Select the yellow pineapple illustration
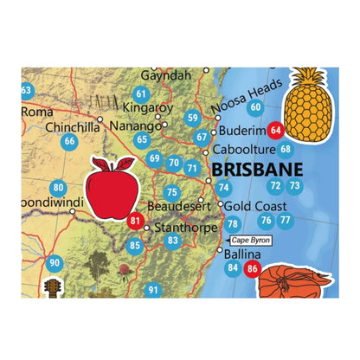309,105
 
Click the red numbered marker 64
276,131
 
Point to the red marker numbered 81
135,221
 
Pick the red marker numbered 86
253,269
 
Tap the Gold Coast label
256,206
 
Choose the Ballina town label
241,255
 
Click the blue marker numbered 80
59,188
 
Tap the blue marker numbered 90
55,263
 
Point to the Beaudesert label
177,207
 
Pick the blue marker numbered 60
254,107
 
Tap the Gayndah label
164,76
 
